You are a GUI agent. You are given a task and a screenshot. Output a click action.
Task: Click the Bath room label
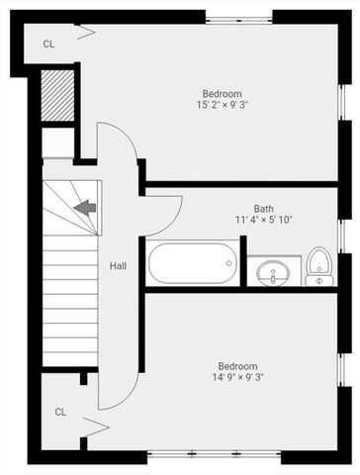[263, 209]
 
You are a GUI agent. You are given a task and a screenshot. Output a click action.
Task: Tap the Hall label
[118, 266]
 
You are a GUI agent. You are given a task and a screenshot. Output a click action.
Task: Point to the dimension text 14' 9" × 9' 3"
[238, 376]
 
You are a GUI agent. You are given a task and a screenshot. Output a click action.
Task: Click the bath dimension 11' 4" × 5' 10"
[263, 221]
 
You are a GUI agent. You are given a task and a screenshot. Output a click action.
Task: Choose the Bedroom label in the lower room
[238, 365]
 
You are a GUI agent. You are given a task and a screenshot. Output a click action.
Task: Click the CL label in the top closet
[48, 44]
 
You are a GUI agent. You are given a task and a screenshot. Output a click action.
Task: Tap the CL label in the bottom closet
[60, 412]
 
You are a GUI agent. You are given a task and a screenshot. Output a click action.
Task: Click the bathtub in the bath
[193, 264]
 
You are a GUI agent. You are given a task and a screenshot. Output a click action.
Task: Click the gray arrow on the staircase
[85, 207]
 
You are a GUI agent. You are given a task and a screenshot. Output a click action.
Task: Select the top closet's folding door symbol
[86, 34]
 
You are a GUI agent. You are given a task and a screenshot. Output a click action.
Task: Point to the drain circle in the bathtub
[228, 264]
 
